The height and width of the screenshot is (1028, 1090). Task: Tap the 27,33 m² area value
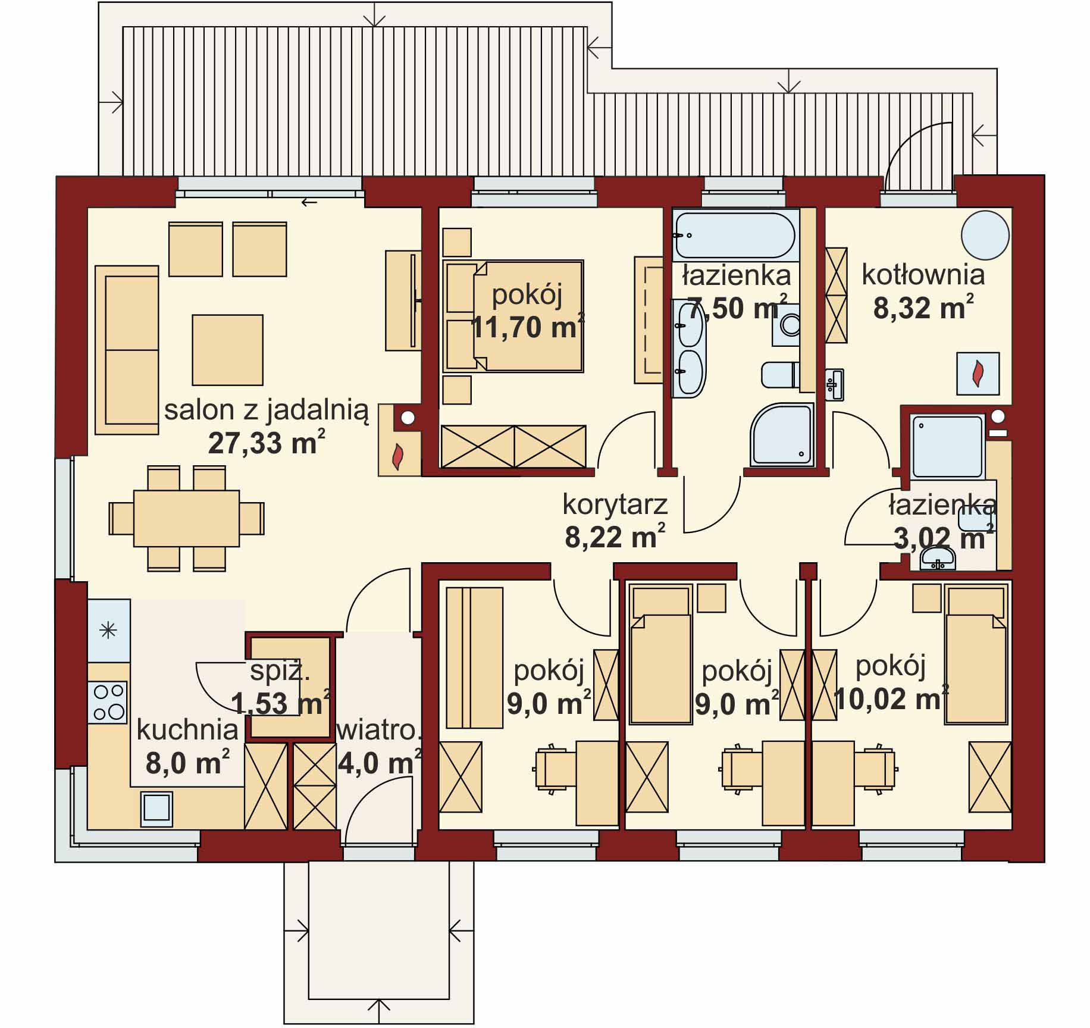pos(267,443)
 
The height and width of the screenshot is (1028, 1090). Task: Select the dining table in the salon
pos(186,518)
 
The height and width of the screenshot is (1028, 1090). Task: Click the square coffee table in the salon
pos(227,350)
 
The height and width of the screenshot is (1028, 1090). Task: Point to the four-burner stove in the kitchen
pos(108,702)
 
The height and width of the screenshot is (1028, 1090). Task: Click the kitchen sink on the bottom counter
pos(157,809)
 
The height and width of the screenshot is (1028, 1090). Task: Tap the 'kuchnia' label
pos(187,730)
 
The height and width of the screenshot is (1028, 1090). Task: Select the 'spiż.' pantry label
pos(280,672)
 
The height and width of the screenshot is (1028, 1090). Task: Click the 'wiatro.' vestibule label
pos(379,731)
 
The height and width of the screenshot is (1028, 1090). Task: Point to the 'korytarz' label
pos(615,505)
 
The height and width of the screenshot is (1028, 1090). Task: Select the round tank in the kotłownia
pos(985,236)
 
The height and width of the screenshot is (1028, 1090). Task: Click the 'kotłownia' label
pos(923,275)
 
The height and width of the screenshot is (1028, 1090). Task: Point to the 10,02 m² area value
pos(891,698)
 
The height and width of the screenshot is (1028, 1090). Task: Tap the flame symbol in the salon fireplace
pos(397,457)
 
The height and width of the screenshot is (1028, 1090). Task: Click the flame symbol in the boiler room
pos(978,374)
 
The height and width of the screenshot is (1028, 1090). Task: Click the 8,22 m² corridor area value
pos(615,537)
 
